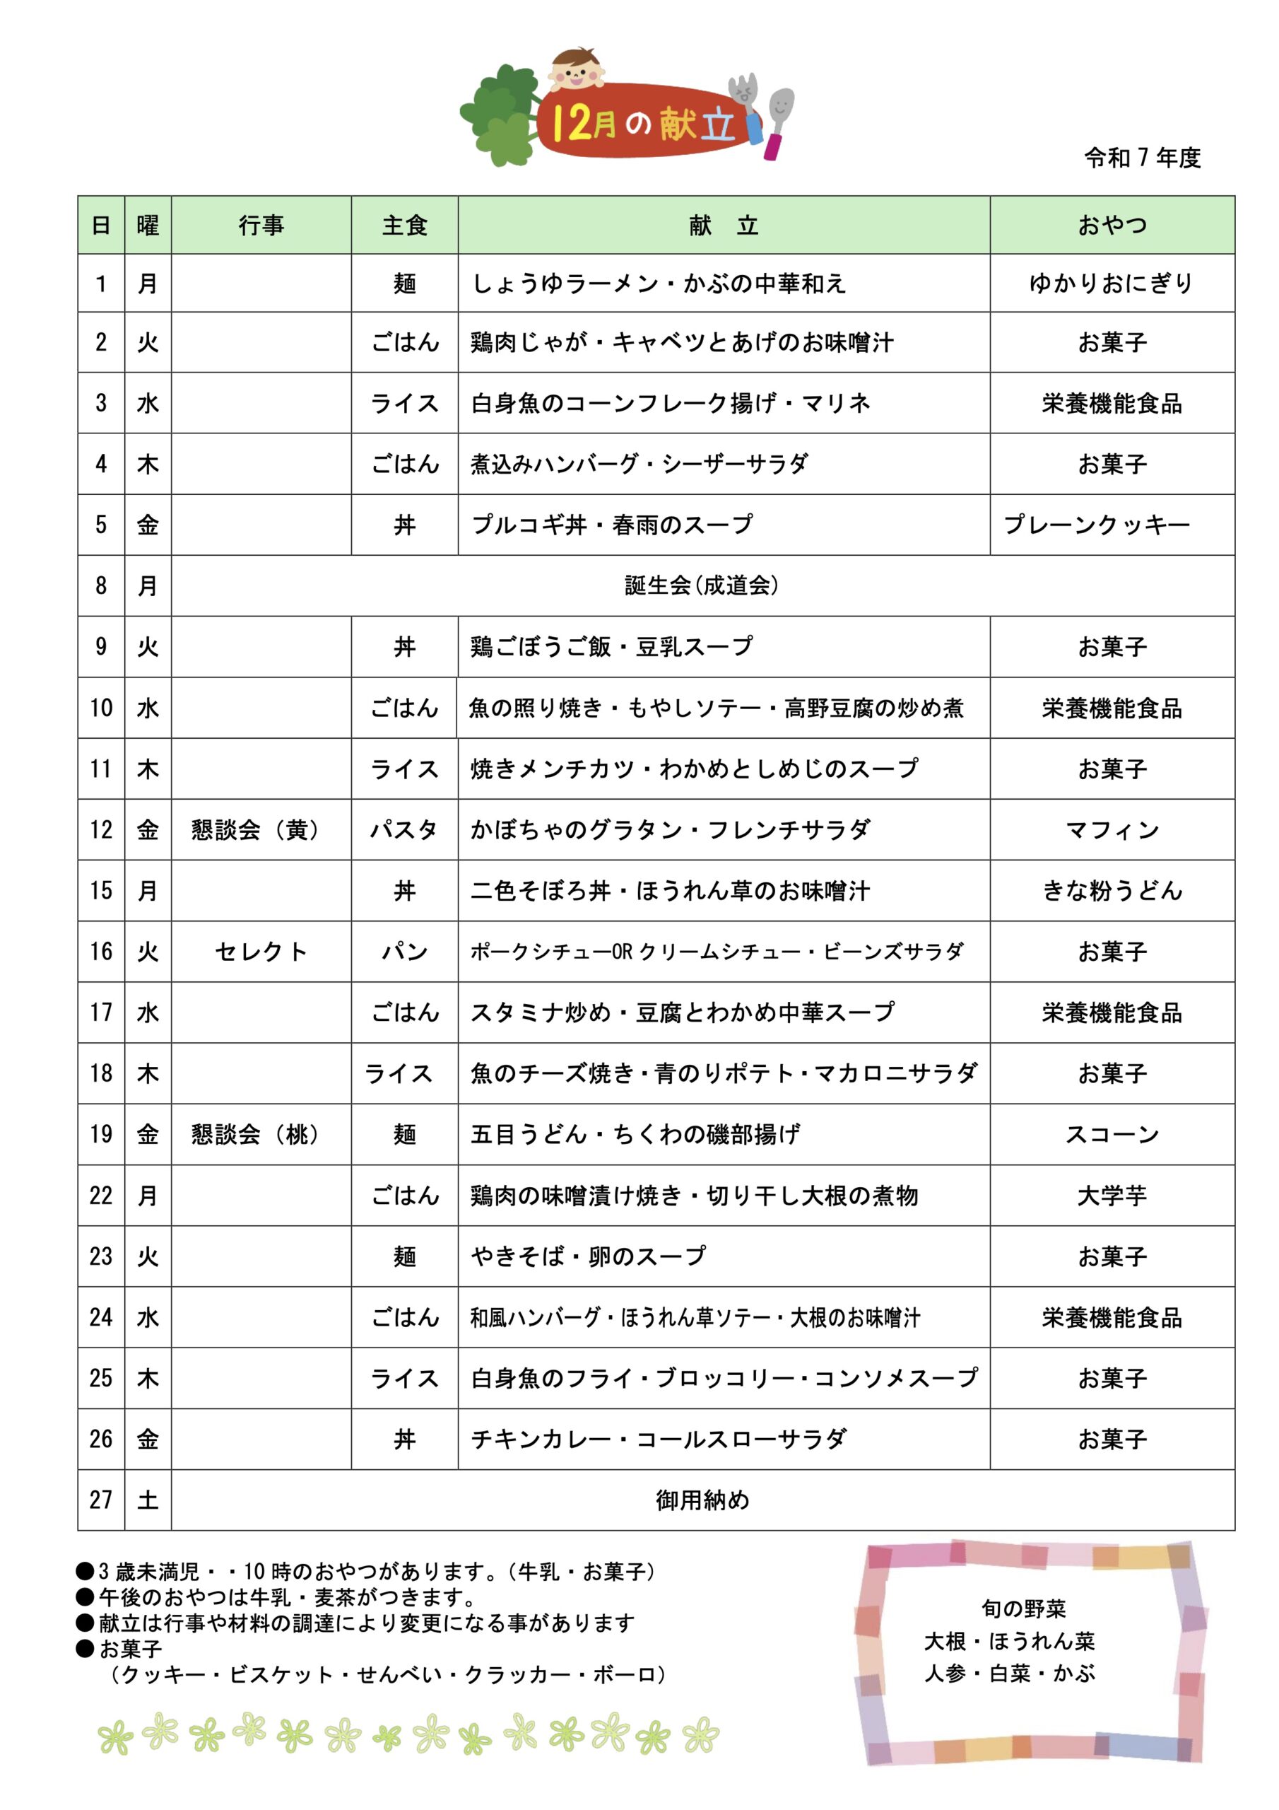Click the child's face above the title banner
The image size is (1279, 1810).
tap(575, 69)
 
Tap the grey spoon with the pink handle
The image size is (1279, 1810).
tap(779, 118)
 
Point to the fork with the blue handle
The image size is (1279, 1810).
tap(746, 107)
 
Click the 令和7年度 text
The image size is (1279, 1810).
tap(1142, 158)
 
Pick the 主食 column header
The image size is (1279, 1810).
tap(404, 226)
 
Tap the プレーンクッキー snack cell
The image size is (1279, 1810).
tap(1096, 525)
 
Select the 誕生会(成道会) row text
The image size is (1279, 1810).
tap(702, 585)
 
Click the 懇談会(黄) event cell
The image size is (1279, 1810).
tap(256, 830)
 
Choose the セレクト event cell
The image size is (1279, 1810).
tap(261, 952)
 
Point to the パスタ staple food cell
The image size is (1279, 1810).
tap(404, 830)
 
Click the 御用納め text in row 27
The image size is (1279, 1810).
tap(702, 1500)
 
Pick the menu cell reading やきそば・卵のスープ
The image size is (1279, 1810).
tap(588, 1256)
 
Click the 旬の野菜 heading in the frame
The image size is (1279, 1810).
tap(1024, 1608)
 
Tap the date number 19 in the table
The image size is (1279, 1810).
tap(101, 1134)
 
